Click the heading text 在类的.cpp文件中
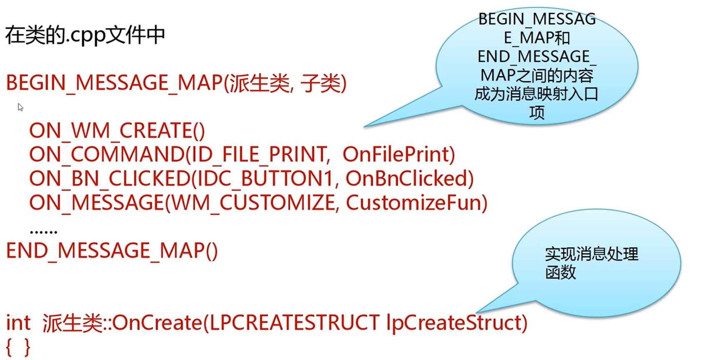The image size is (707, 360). tap(85, 35)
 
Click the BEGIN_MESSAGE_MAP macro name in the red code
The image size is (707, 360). tap(114, 83)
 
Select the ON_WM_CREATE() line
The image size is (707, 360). tap(117, 131)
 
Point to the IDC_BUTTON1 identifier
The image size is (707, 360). tap(265, 179)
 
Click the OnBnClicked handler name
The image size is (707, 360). tap(406, 179)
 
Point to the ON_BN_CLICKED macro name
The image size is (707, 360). tap(109, 179)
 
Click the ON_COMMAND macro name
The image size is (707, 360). tap(107, 155)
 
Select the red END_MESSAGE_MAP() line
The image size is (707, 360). tap(112, 251)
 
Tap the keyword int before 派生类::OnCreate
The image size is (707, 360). tap(18, 323)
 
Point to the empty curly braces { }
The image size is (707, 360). tap(18, 347)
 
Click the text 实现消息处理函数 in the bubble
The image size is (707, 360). tap(591, 263)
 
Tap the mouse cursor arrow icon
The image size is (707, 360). tap(20, 107)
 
